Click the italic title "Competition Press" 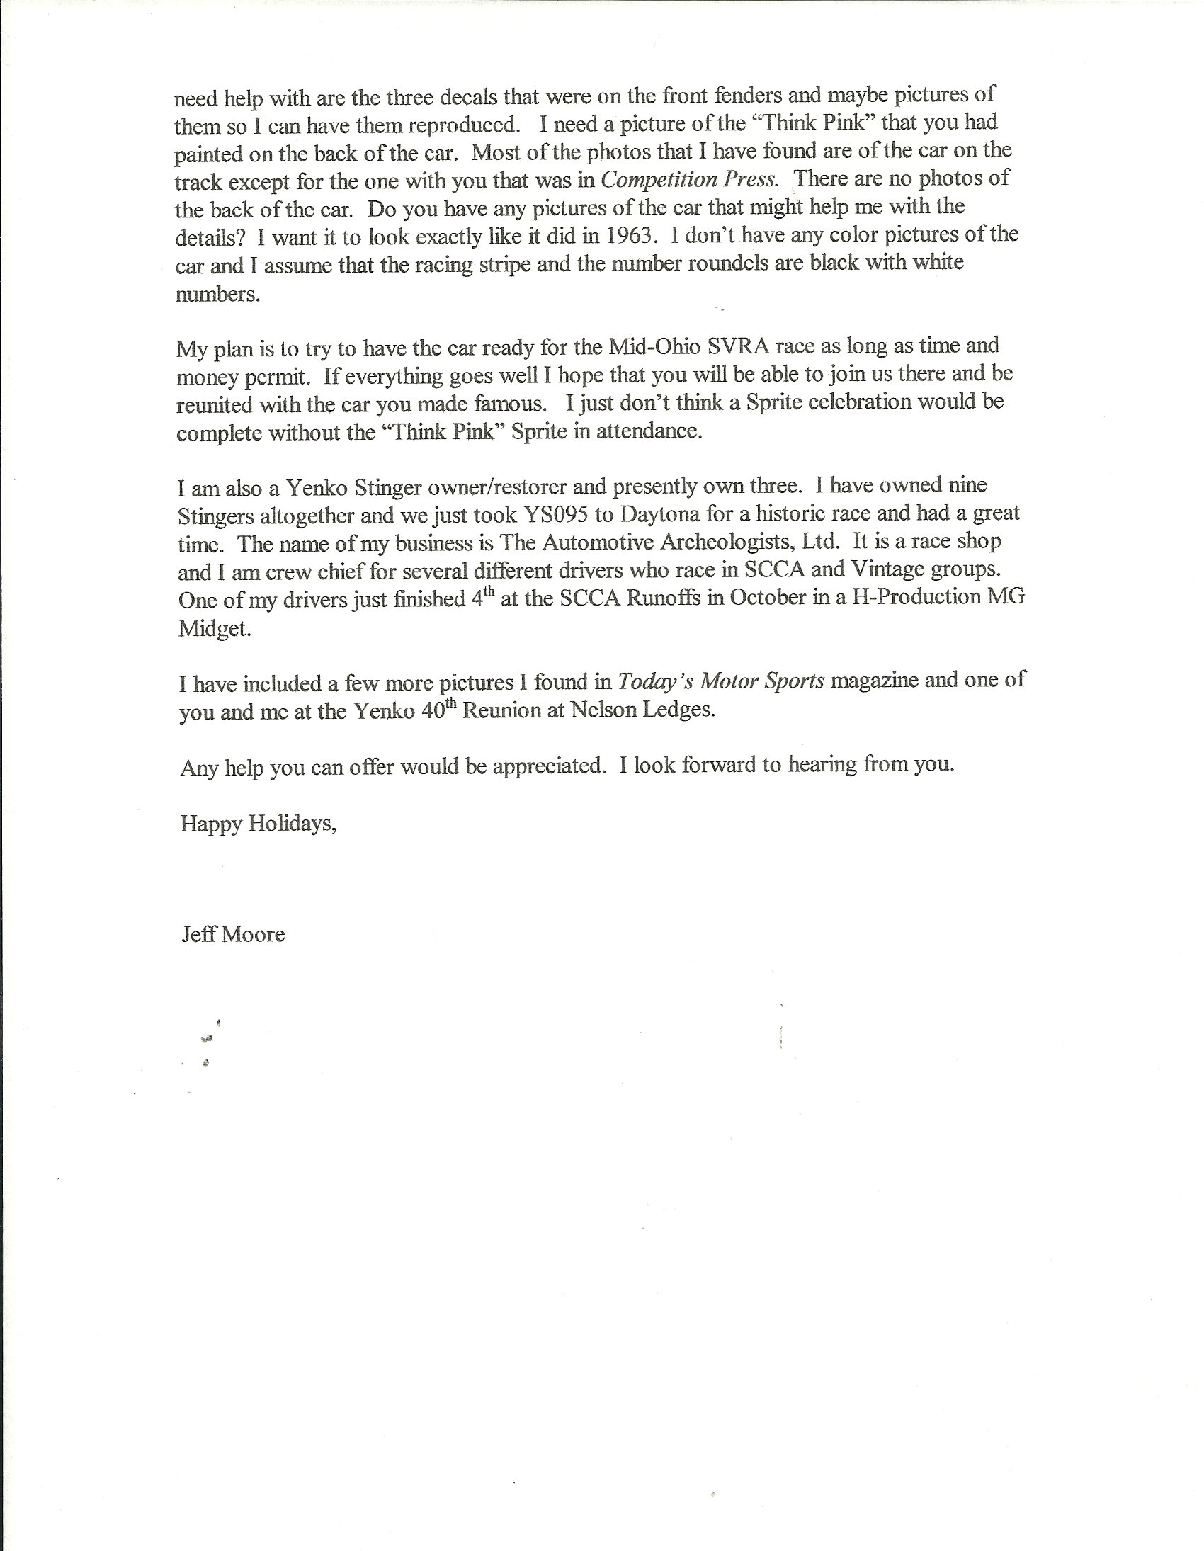688,179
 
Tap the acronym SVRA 739,346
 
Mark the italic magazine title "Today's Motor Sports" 720,681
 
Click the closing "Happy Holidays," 258,824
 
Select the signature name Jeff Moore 233,935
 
